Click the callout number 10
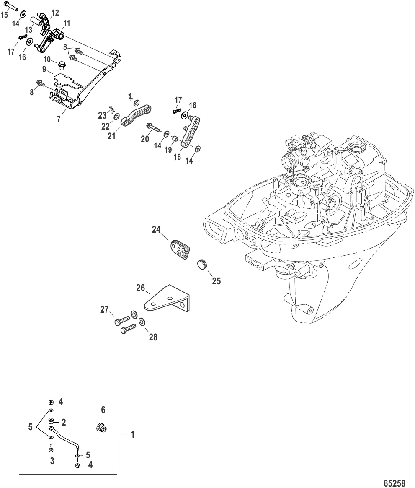coord(47,59)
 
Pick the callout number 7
coord(59,119)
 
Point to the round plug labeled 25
coord(203,265)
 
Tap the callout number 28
coord(153,337)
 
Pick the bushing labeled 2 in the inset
coord(51,421)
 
